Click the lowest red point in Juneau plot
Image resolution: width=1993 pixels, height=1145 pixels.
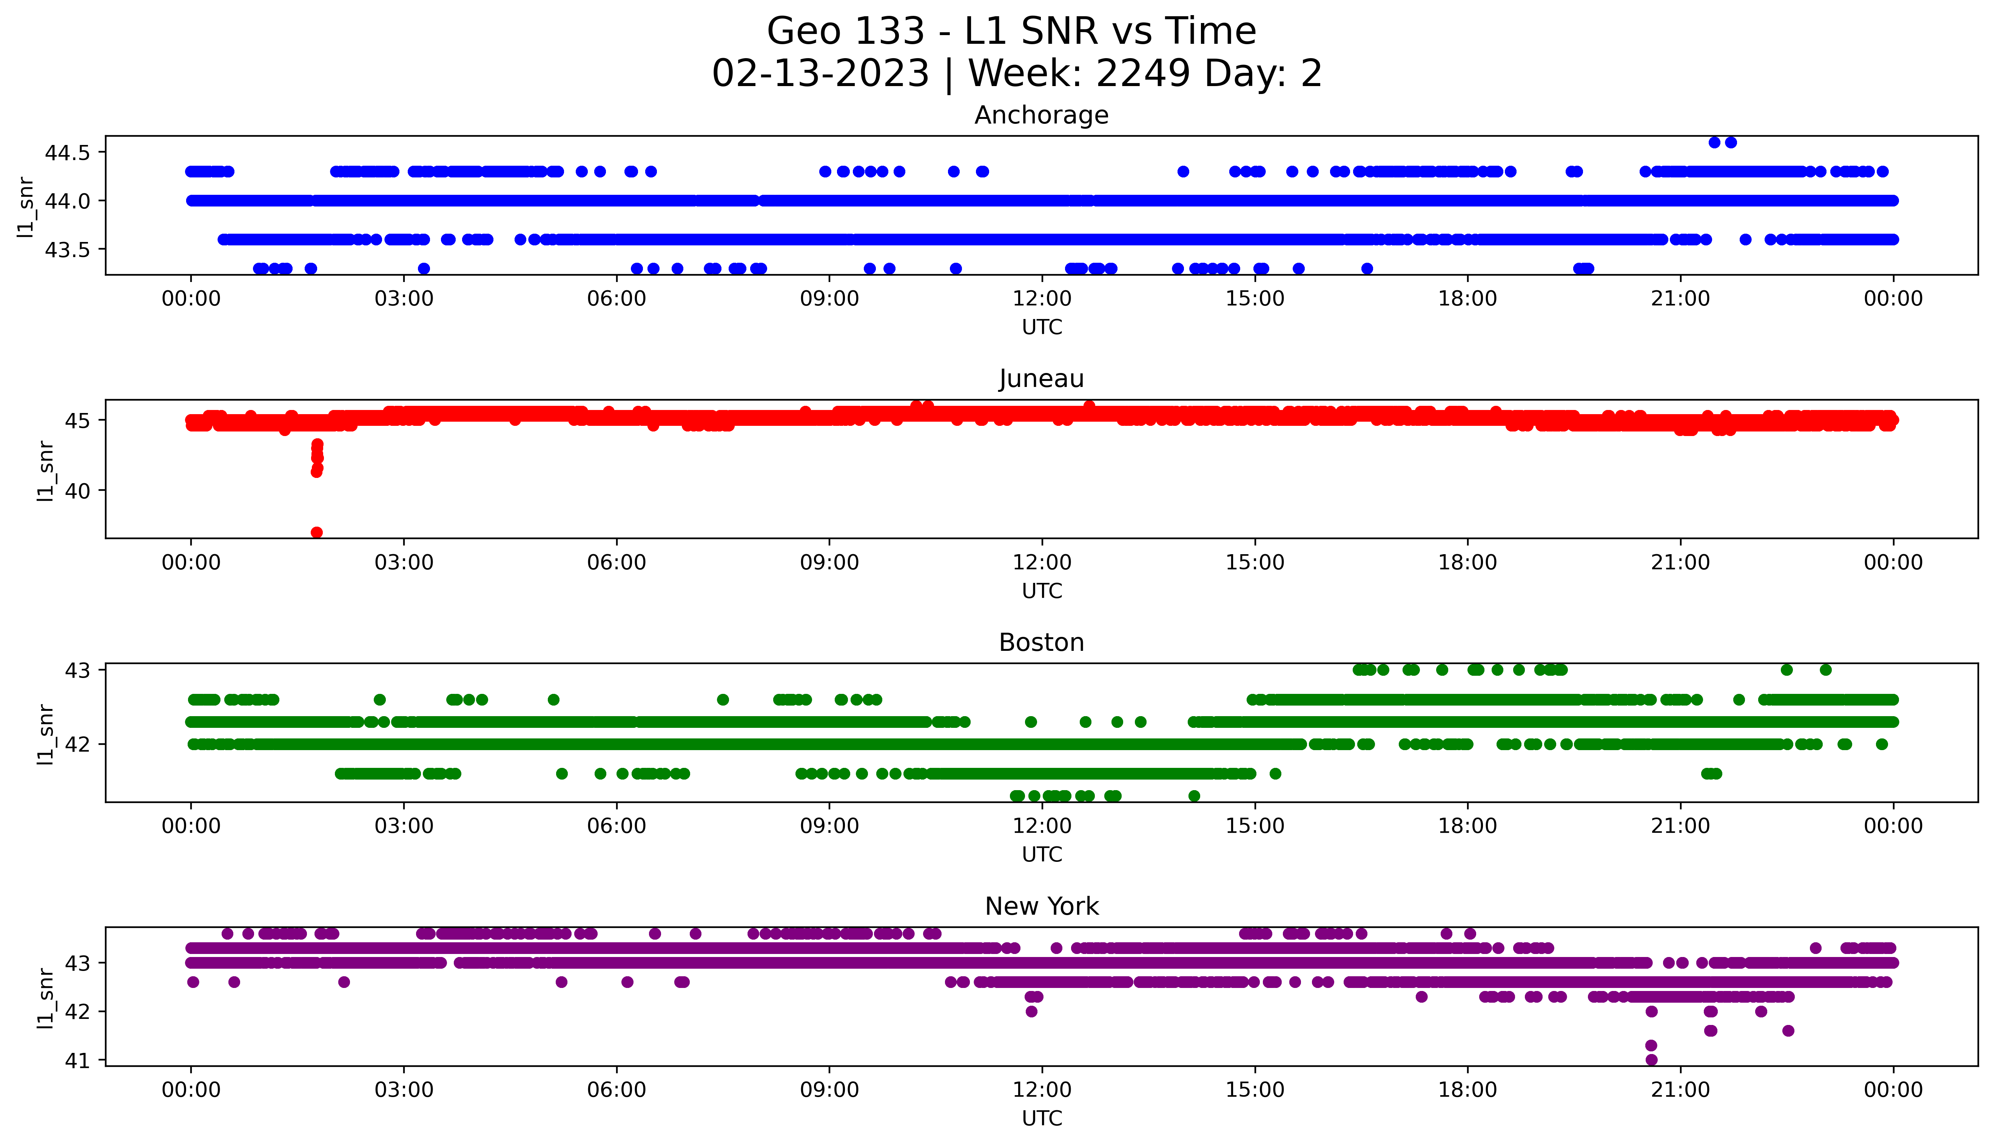[x=317, y=532]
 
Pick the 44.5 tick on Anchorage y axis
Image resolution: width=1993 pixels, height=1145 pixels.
[x=68, y=153]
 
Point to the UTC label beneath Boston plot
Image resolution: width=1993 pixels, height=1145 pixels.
[x=1042, y=854]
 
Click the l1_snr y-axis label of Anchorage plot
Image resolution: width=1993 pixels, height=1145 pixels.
[x=26, y=206]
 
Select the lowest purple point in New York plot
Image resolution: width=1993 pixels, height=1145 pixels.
[x=1651, y=1059]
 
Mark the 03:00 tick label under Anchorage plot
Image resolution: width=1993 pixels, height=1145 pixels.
[x=404, y=299]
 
